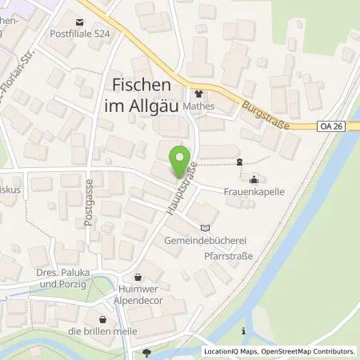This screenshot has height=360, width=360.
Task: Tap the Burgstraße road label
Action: point(258,113)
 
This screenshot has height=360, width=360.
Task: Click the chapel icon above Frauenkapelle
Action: point(254,178)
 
